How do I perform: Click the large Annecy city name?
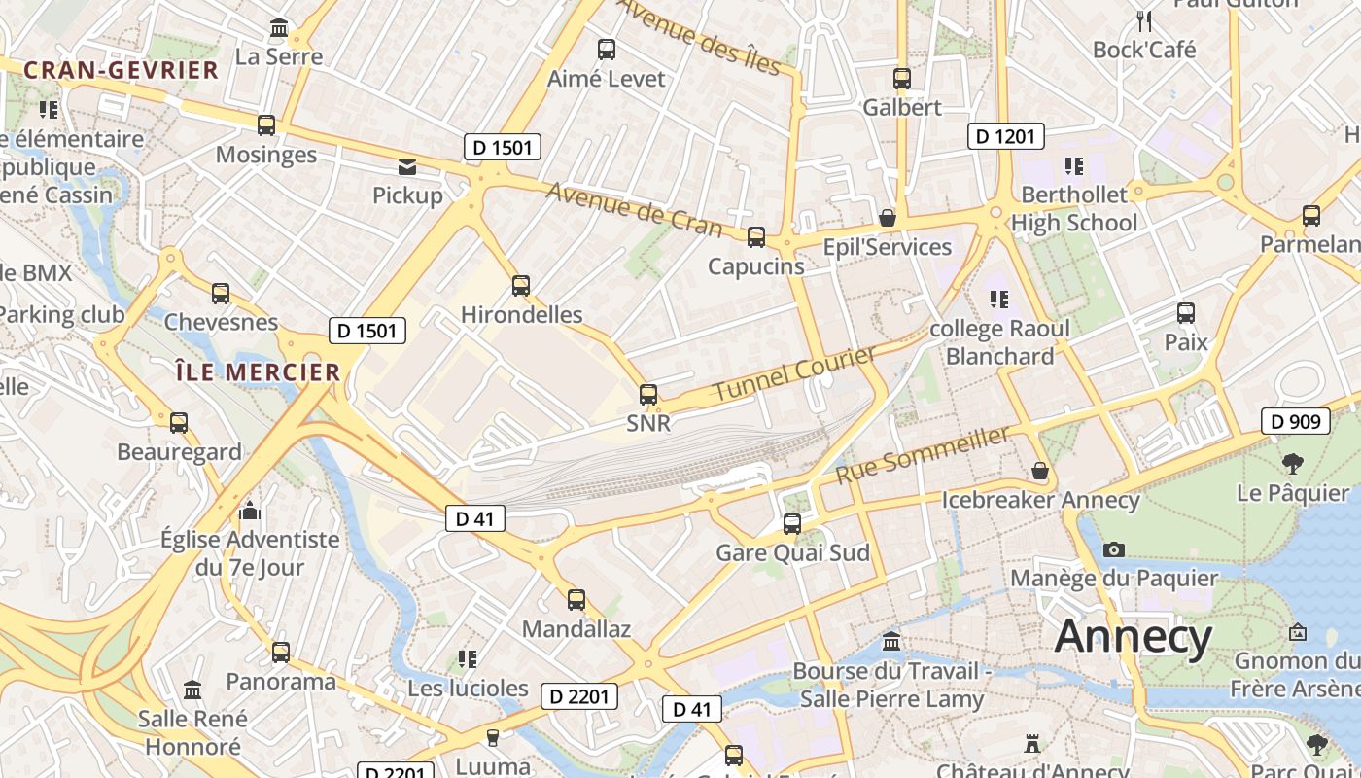click(1133, 638)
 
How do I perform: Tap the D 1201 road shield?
click(1005, 136)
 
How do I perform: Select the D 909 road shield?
click(1296, 421)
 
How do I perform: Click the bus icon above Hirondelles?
click(521, 285)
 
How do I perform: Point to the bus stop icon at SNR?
click(648, 394)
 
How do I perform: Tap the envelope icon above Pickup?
click(407, 167)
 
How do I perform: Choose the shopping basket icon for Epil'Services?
click(888, 218)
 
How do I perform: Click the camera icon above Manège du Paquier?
click(1114, 550)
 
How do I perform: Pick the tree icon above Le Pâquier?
click(1293, 463)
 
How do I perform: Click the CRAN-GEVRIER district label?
click(122, 70)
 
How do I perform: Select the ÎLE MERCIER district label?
click(258, 371)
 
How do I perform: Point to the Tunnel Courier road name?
click(795, 373)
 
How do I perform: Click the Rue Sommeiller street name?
click(923, 455)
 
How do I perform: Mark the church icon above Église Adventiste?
click(250, 511)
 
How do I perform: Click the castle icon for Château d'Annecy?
click(1032, 744)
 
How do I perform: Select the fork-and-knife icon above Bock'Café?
click(1144, 20)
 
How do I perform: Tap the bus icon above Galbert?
click(902, 79)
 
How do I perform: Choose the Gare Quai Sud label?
click(792, 553)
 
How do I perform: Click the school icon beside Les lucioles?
click(468, 659)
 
